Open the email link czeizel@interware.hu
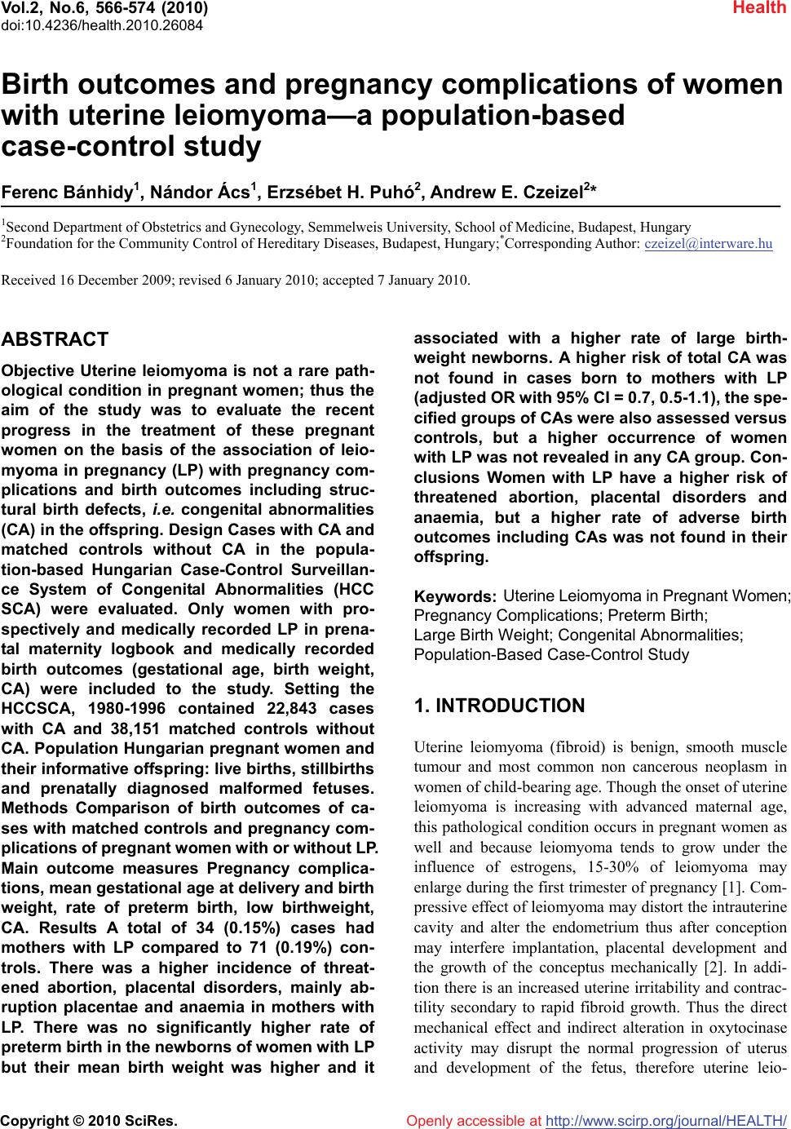point(708,243)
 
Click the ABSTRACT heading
point(55,339)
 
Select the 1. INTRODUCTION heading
point(499,706)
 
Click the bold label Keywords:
point(456,599)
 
